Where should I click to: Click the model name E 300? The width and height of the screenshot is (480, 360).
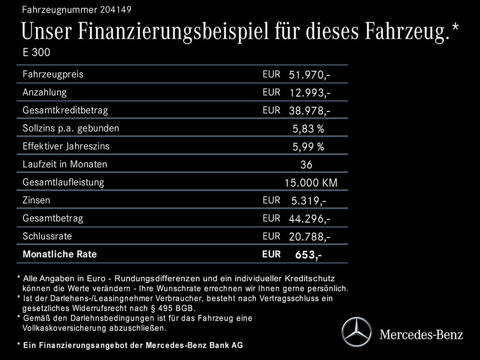coord(36,52)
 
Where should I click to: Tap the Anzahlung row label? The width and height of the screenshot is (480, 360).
coord(45,92)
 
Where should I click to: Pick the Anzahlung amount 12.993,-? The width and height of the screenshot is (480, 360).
coord(310,93)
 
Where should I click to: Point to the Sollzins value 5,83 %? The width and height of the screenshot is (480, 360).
coord(308,129)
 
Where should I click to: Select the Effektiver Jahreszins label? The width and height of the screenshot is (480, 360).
coord(66,146)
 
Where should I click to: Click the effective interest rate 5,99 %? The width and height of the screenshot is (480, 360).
coord(308,147)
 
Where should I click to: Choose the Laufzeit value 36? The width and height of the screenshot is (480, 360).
coord(306,165)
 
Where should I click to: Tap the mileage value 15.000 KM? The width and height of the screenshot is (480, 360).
coord(311,183)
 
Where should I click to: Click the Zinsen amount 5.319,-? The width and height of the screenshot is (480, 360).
coord(309,201)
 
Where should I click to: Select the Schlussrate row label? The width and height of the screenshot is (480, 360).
coord(47,236)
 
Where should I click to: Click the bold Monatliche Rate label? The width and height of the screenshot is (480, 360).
coord(60,255)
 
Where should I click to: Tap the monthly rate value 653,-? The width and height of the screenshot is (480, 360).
coord(308,255)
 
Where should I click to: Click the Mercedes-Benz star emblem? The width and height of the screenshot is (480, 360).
coord(356,332)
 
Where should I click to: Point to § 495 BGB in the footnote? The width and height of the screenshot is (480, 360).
coord(171,308)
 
